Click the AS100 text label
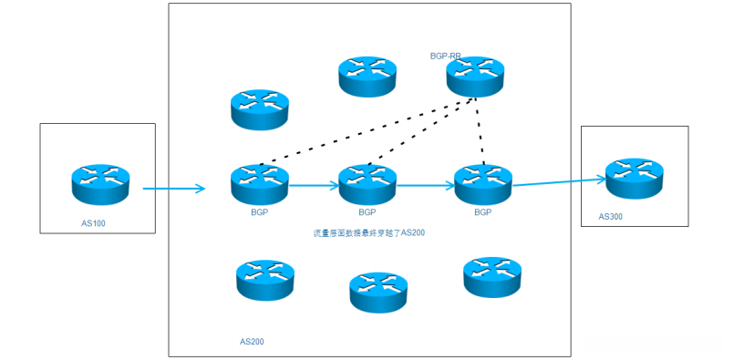tap(93, 223)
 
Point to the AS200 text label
tap(252, 342)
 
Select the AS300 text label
tap(611, 217)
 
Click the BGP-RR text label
tap(446, 56)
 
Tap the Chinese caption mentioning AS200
tap(369, 233)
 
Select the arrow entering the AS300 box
tap(558, 181)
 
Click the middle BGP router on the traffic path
tap(367, 184)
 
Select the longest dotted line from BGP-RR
tap(365, 131)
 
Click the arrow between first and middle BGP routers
tap(313, 186)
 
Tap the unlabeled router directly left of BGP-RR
tap(367, 76)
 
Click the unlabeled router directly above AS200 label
tap(264, 281)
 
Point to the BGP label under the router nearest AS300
tap(482, 211)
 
